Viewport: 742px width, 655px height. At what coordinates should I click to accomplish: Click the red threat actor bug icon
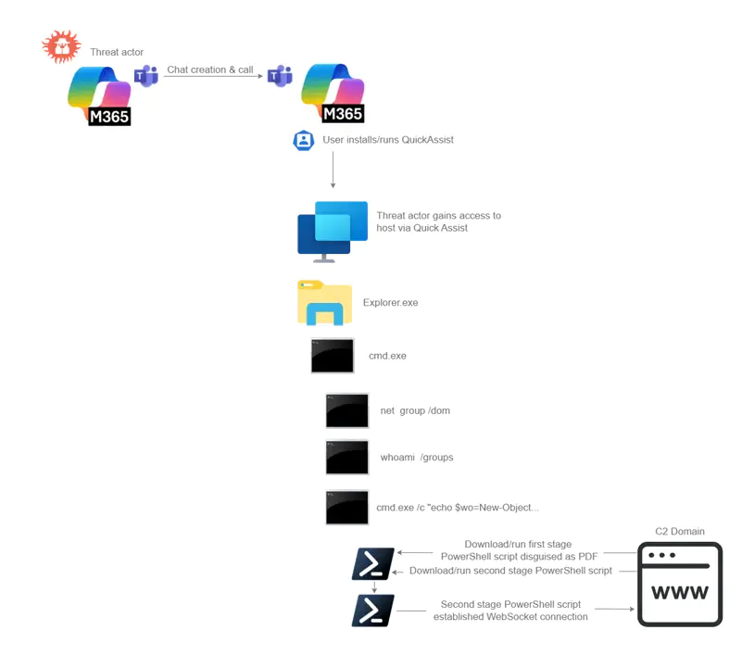tap(61, 46)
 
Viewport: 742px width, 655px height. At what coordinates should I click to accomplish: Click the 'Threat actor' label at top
tap(117, 52)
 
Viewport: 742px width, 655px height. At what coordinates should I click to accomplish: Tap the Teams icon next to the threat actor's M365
tap(146, 76)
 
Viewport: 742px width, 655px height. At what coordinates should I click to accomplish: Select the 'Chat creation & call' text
tap(210, 70)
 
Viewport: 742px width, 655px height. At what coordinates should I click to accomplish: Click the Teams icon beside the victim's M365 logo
tap(280, 76)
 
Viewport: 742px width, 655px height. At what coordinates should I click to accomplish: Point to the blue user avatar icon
tap(304, 141)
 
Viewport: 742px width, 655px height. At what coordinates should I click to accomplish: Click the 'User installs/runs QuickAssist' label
tap(388, 140)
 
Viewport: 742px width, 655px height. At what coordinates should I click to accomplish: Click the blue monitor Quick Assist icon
tap(333, 231)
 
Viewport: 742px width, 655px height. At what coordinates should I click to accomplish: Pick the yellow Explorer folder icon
tap(324, 302)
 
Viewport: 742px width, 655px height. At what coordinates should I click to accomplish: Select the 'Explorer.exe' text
tap(390, 303)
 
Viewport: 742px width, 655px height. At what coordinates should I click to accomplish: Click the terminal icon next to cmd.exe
tap(333, 356)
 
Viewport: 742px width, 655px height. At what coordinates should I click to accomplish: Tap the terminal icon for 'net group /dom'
tap(347, 410)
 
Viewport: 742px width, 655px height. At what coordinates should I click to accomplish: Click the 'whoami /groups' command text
tap(416, 458)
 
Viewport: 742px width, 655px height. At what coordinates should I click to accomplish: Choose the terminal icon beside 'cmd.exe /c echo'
tap(347, 508)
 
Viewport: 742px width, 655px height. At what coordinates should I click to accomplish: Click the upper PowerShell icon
tap(373, 563)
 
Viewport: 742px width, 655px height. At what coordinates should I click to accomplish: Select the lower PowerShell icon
tap(373, 611)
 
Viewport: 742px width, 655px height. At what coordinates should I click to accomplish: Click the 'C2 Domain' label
tap(680, 532)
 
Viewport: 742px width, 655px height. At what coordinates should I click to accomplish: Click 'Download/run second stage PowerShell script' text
tap(510, 571)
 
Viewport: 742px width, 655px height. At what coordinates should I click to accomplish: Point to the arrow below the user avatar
tap(333, 171)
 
